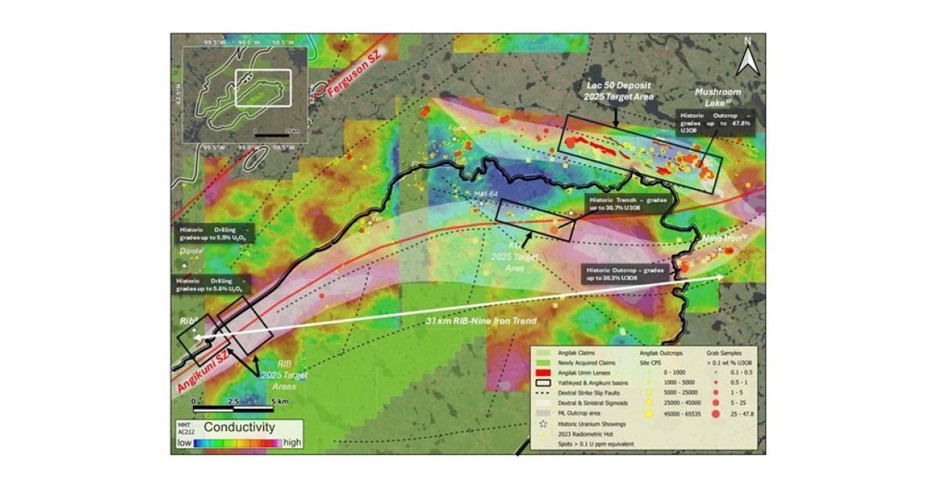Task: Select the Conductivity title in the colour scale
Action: pos(238,428)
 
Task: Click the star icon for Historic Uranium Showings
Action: pos(541,423)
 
